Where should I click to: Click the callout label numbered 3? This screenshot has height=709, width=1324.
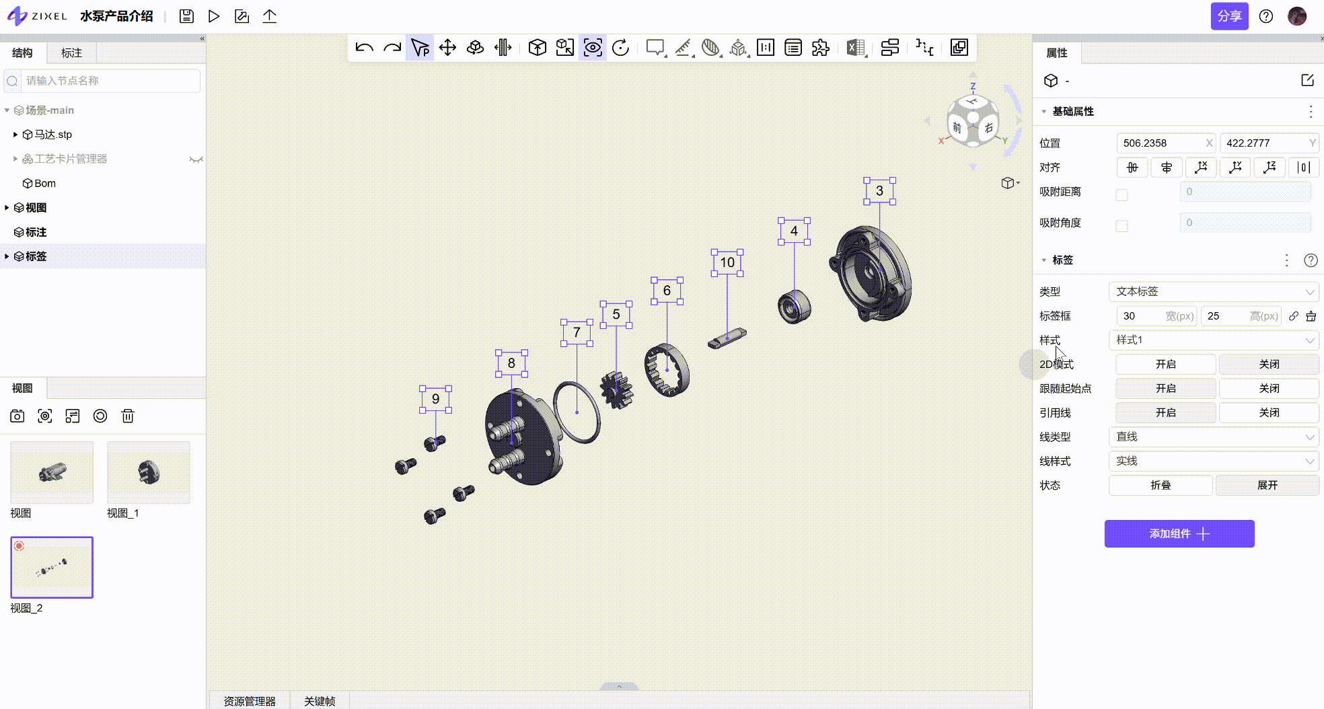879,191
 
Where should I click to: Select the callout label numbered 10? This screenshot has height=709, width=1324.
727,262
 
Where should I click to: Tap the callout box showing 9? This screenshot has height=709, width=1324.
435,399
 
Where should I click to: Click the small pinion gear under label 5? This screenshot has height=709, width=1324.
616,390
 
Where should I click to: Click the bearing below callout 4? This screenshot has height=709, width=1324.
795,307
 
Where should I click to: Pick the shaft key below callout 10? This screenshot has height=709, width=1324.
727,338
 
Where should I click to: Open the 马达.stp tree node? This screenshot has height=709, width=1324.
53,135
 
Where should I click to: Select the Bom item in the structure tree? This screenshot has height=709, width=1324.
45,183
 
